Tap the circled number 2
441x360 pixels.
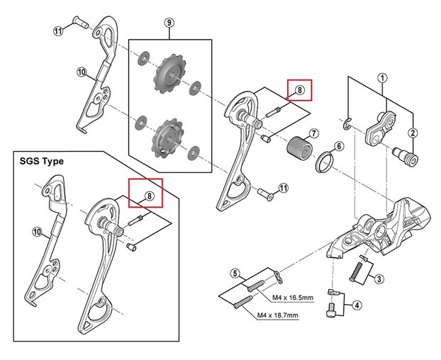(x=413, y=133)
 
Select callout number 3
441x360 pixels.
(x=379, y=279)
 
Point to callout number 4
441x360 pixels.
(x=357, y=306)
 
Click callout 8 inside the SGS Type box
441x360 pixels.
(x=149, y=196)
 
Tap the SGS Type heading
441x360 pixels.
(x=43, y=161)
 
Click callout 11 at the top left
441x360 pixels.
(x=58, y=30)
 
